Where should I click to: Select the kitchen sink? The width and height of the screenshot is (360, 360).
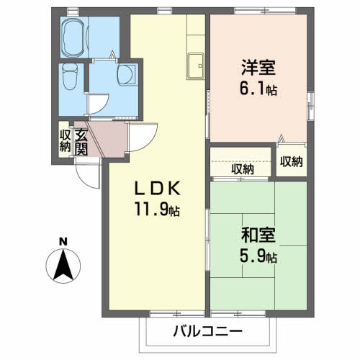click(196, 66)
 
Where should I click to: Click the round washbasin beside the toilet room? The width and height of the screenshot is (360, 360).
click(126, 74)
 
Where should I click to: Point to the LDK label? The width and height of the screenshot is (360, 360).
click(157, 188)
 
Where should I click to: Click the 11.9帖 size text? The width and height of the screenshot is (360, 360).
click(157, 209)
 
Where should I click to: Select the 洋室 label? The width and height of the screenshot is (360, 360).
click(258, 68)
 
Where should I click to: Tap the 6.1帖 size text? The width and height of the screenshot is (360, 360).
click(258, 88)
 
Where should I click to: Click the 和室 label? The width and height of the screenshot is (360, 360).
click(258, 235)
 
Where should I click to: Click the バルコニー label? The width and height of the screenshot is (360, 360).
click(208, 332)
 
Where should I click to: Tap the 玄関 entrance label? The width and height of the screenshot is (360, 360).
click(81, 143)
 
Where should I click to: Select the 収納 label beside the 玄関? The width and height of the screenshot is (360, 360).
click(65, 141)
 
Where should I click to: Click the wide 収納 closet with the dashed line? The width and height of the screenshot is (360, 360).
click(240, 162)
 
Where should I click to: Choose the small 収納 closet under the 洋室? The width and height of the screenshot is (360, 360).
click(292, 161)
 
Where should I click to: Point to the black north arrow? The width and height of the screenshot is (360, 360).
click(63, 265)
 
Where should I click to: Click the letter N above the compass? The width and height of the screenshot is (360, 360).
click(63, 241)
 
